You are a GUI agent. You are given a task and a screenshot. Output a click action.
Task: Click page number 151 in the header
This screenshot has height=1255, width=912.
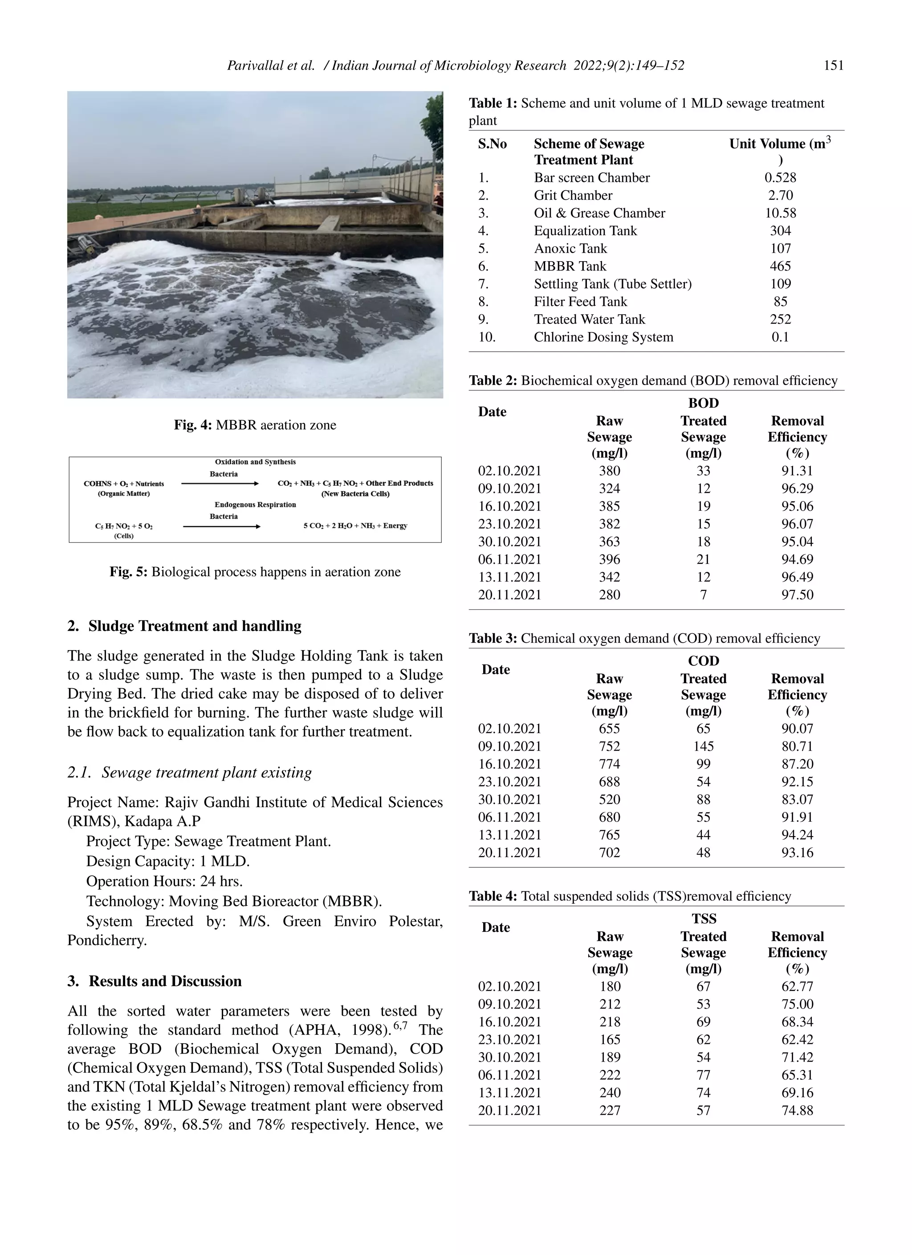pyautogui.click(x=834, y=66)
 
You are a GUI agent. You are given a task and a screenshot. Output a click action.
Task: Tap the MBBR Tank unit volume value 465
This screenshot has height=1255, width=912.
pyautogui.click(x=780, y=266)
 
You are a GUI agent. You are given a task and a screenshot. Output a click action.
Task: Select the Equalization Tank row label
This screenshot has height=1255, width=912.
pyautogui.click(x=585, y=231)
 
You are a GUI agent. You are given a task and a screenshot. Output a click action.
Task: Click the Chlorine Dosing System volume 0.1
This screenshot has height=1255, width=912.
pyautogui.click(x=780, y=337)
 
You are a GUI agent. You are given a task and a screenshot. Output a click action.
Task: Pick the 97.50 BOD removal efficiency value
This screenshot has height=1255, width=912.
pyautogui.click(x=797, y=595)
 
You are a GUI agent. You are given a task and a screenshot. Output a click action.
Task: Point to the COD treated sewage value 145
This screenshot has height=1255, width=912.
pyautogui.click(x=703, y=746)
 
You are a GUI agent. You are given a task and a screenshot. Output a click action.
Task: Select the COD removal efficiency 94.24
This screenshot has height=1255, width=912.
pyautogui.click(x=797, y=835)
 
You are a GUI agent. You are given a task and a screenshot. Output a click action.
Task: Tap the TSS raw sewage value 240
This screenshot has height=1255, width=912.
pyautogui.click(x=610, y=1093)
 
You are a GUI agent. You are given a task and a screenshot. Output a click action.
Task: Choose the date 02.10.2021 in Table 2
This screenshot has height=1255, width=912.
pyautogui.click(x=509, y=471)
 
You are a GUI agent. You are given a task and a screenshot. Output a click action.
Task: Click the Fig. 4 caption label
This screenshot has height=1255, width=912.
pyautogui.click(x=192, y=425)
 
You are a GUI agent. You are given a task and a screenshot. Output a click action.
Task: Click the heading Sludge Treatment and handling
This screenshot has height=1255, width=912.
pyautogui.click(x=195, y=626)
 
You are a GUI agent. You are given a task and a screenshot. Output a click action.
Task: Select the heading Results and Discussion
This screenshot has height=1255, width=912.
pyautogui.click(x=165, y=981)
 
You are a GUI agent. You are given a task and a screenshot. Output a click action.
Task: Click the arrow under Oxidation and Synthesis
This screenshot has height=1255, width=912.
pyautogui.click(x=220, y=484)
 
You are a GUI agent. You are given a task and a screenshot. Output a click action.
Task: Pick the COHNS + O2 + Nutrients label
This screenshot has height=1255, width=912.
pyautogui.click(x=124, y=484)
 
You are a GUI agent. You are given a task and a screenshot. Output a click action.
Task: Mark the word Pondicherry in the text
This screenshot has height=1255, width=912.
pyautogui.click(x=107, y=940)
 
